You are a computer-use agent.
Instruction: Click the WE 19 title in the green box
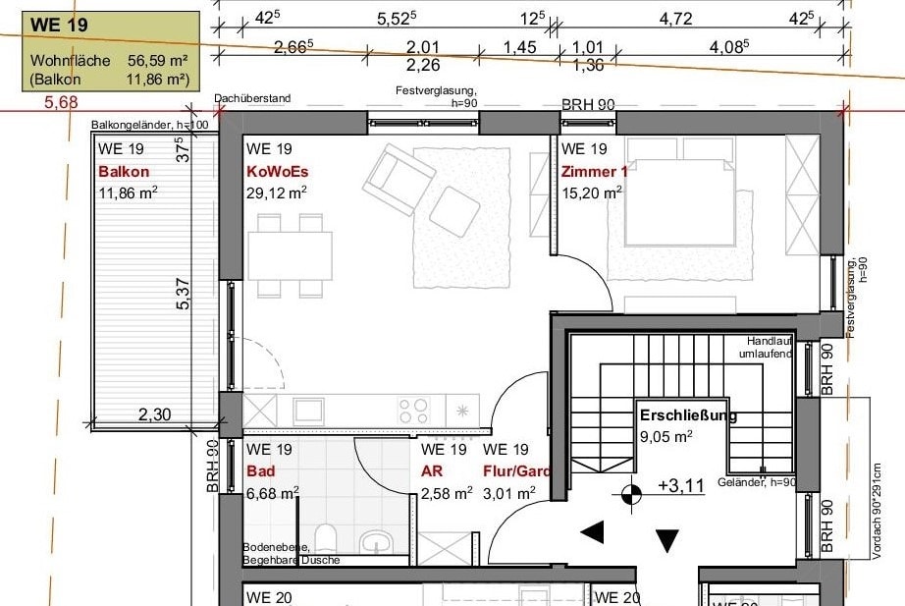54,25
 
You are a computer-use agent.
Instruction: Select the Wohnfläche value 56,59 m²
157,60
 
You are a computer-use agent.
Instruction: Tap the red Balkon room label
124,172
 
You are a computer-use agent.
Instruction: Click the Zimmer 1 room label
593,172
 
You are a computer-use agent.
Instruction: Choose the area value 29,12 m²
276,193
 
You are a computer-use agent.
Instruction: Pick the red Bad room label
261,471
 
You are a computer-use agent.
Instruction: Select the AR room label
432,471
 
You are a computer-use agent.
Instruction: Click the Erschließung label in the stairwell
687,414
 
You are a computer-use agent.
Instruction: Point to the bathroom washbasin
375,540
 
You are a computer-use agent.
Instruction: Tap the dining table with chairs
289,255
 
